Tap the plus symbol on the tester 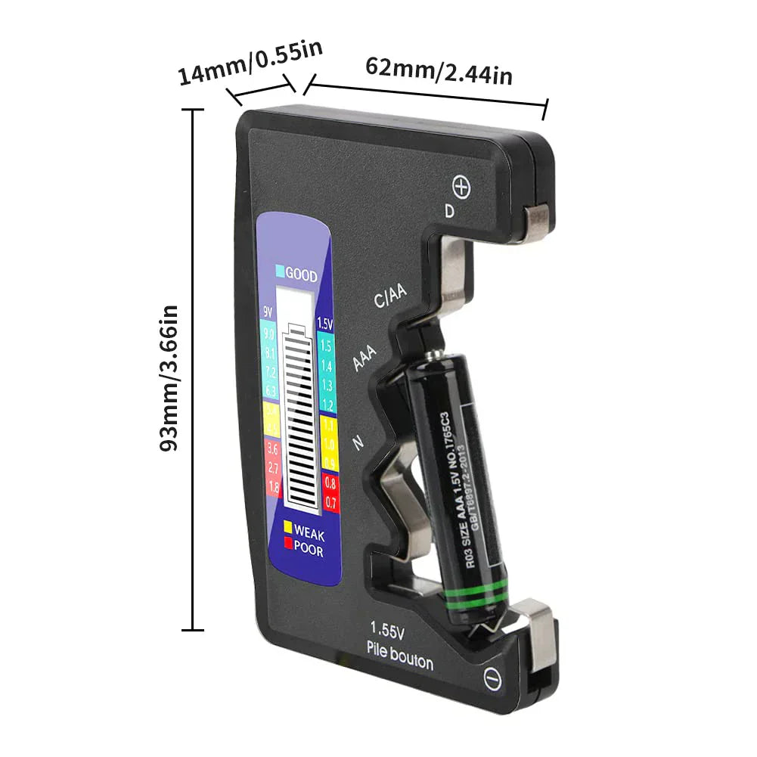click(461, 187)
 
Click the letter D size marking click(449, 212)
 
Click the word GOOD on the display click(301, 276)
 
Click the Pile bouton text click(399, 654)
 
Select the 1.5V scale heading click(325, 324)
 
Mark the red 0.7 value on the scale click(330, 501)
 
